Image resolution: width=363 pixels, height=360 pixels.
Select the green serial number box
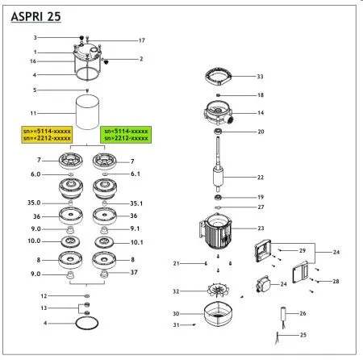point(125,134)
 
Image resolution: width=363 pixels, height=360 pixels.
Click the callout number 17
point(141,40)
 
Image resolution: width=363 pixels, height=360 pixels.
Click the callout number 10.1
point(136,241)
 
